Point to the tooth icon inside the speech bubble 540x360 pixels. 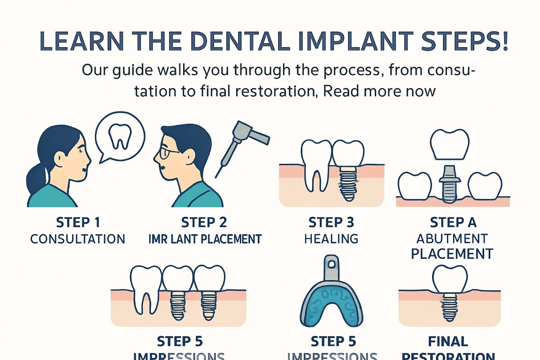(120, 136)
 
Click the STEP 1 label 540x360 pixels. (78, 222)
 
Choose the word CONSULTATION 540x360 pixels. (78, 238)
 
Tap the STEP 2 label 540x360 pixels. (204, 222)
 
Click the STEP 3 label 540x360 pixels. (331, 222)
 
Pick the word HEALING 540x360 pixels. (331, 238)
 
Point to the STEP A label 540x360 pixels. (453, 222)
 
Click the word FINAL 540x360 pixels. (448, 341)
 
